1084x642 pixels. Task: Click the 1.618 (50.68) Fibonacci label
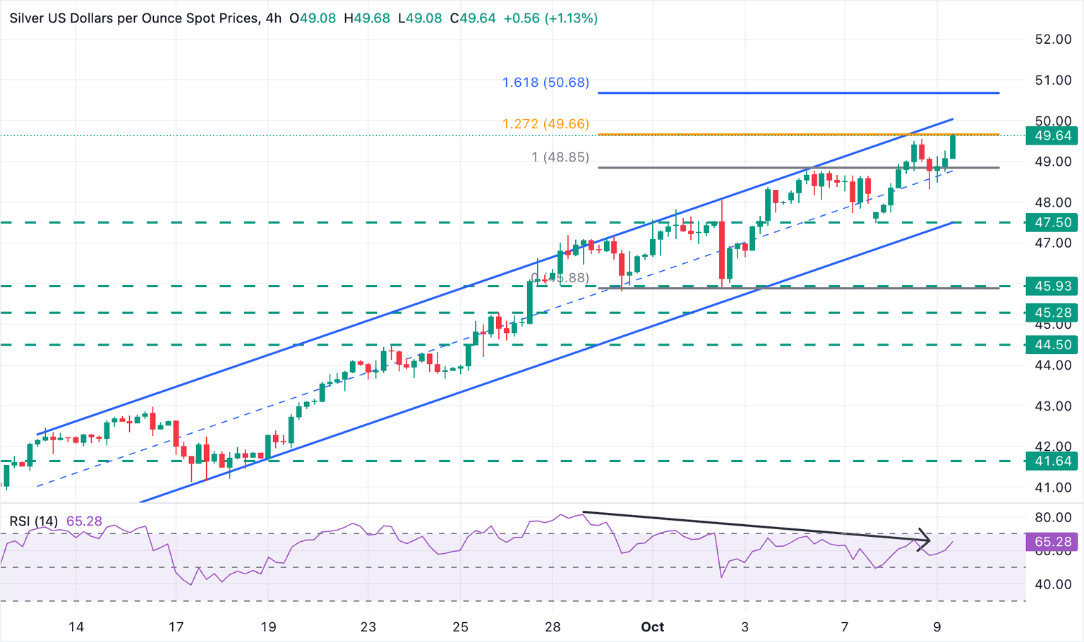546,83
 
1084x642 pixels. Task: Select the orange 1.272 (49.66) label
546,123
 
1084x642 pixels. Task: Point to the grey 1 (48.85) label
560,157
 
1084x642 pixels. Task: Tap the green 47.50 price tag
1053,222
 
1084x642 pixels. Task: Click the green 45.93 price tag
1053,286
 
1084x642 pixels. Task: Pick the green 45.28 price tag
1053,313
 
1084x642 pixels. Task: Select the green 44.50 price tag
1053,345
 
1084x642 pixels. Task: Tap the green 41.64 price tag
1053,461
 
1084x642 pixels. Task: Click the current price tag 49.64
1053,136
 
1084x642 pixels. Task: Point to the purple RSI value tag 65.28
1053,542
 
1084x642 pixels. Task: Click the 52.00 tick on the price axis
1053,40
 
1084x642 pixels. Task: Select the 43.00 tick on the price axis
1053,406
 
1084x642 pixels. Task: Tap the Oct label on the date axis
653,627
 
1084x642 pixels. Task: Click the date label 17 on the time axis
176,627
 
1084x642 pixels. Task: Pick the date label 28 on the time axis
553,627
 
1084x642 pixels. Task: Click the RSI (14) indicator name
34,521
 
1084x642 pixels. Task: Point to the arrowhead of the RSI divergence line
927,540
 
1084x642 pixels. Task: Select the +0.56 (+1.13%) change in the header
550,18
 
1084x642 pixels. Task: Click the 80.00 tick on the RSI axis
1053,517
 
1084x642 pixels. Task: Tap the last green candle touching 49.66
953,147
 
